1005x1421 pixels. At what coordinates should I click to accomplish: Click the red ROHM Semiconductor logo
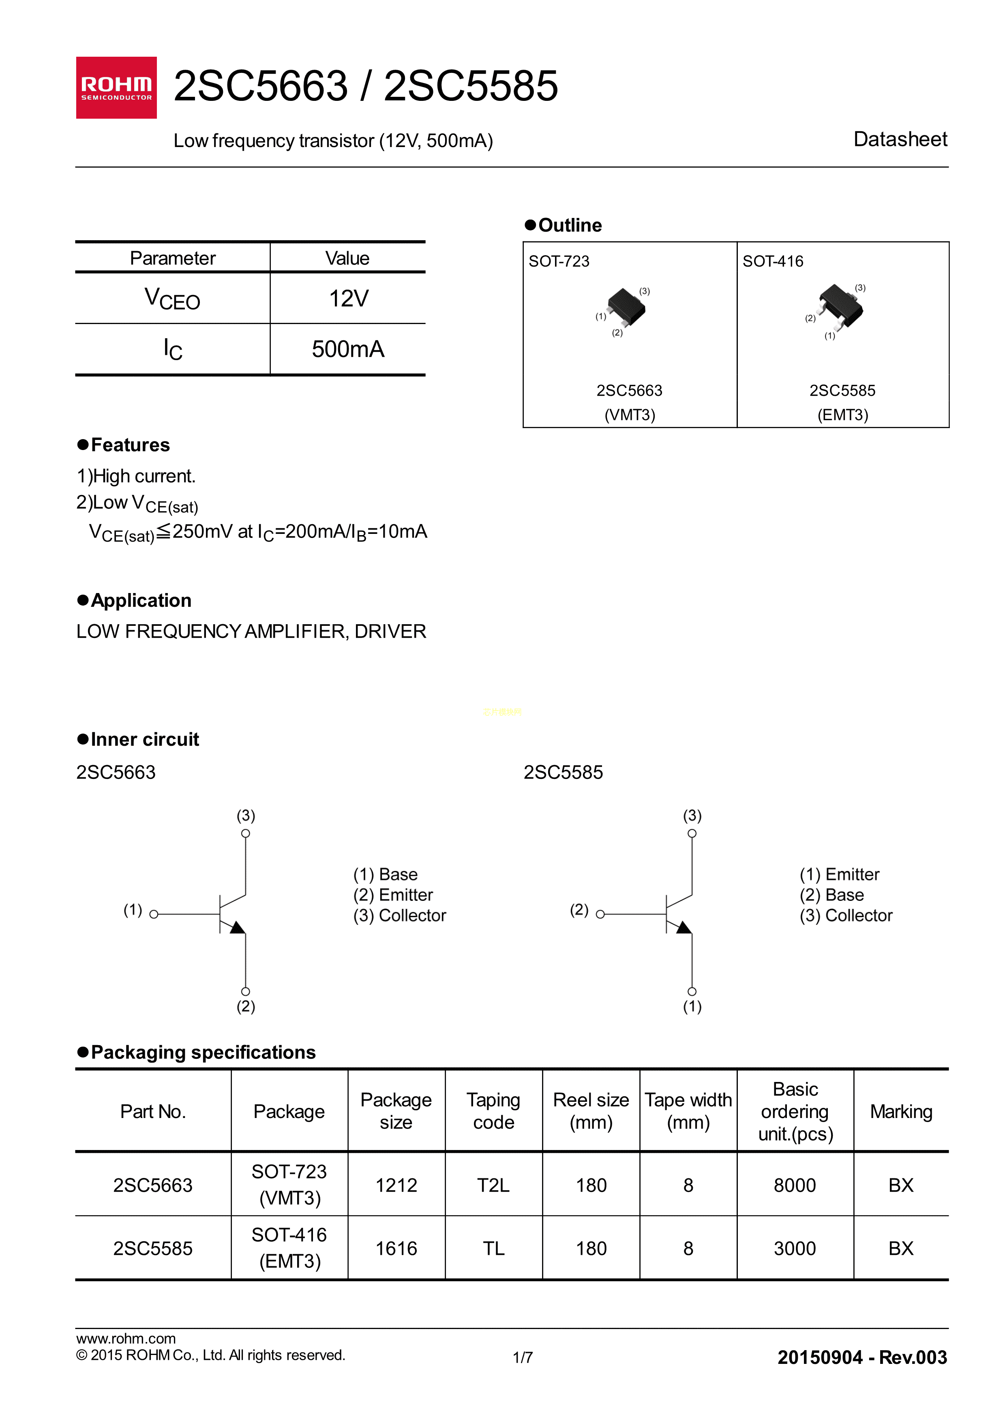click(116, 88)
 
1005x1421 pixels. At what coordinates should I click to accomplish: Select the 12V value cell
click(348, 298)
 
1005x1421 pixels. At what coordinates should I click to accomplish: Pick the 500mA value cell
click(348, 349)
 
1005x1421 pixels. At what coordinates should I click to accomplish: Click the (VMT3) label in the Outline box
click(629, 415)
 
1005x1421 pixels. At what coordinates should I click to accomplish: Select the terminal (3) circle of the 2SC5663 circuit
click(246, 834)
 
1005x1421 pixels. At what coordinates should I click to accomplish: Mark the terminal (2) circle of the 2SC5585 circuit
click(600, 914)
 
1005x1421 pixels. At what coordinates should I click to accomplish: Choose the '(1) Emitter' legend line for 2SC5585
click(839, 875)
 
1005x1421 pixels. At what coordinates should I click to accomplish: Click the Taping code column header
click(493, 1111)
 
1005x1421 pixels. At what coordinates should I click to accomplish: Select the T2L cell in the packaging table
click(493, 1185)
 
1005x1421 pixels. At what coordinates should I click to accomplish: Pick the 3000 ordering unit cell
click(795, 1248)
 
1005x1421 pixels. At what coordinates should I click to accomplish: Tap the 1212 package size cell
click(396, 1185)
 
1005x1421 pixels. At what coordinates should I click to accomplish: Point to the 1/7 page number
click(523, 1358)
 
